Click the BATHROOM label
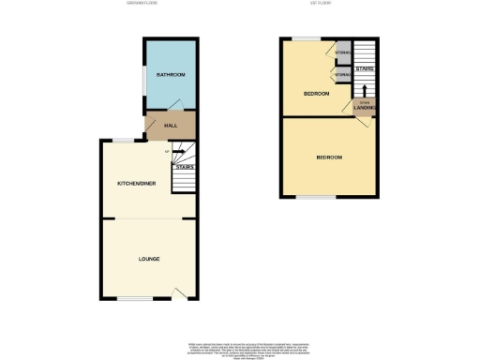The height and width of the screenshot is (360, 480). pyautogui.click(x=171, y=74)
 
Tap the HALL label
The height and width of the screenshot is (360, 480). pyautogui.click(x=171, y=125)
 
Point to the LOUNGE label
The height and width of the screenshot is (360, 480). pyautogui.click(x=149, y=258)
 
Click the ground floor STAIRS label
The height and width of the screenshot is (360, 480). pyautogui.click(x=184, y=167)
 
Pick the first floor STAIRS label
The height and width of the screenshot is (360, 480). pyautogui.click(x=365, y=69)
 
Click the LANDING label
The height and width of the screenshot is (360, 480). pyautogui.click(x=366, y=108)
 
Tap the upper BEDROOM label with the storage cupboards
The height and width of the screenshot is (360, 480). pyautogui.click(x=316, y=94)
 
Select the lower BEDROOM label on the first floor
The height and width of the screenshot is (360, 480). pyautogui.click(x=329, y=157)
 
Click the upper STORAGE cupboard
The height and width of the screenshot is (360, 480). pyautogui.click(x=343, y=53)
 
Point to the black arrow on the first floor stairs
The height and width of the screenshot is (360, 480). pyautogui.click(x=365, y=90)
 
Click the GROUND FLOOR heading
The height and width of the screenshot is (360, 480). pyautogui.click(x=142, y=4)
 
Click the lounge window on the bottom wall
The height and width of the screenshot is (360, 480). pyautogui.click(x=130, y=301)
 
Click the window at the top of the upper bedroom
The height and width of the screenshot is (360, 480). pyautogui.click(x=302, y=38)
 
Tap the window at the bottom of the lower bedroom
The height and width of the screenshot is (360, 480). pyautogui.click(x=316, y=198)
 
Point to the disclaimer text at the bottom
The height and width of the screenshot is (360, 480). pyautogui.click(x=239, y=347)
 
